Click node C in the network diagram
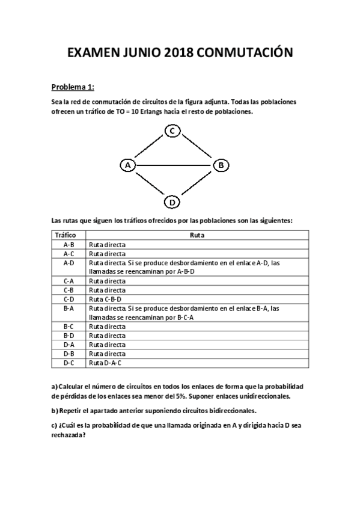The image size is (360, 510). [172, 131]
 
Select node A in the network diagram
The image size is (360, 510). [127, 164]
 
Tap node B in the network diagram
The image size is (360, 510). [220, 164]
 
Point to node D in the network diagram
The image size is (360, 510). [172, 201]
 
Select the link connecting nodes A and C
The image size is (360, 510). [149, 148]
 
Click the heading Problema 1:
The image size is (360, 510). [77, 87]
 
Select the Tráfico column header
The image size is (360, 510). [69, 235]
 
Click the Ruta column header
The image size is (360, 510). [197, 235]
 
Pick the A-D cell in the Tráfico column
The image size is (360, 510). [69, 263]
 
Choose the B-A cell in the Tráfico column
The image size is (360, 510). [69, 308]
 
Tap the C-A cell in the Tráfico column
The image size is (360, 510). [69, 281]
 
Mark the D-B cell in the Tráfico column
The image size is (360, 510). [69, 354]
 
